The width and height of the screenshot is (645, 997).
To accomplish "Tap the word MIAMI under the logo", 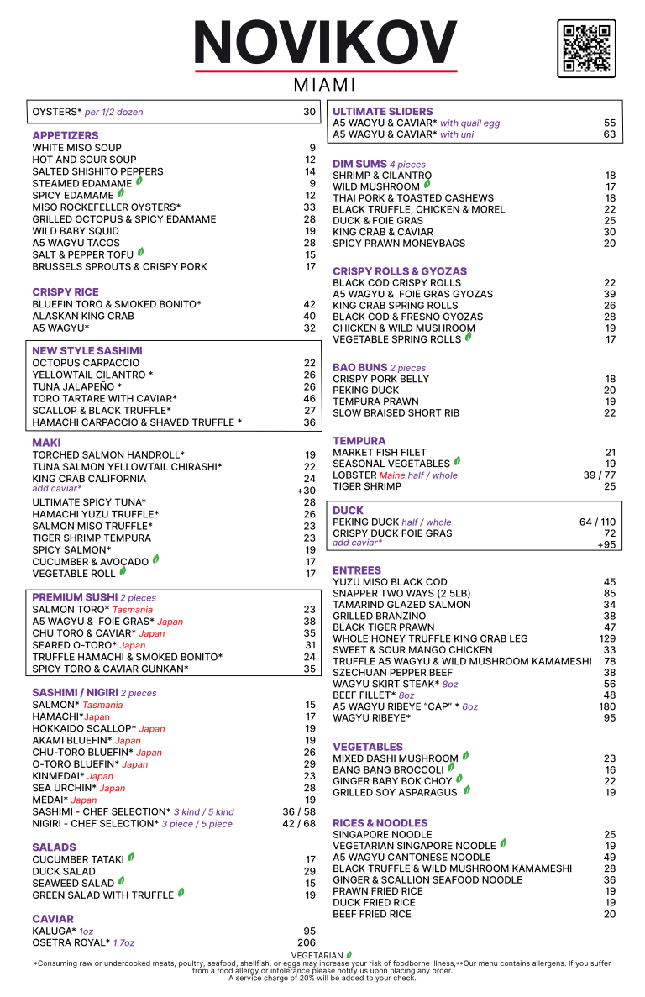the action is coord(325,86).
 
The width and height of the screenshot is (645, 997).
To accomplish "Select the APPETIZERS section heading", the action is coord(65,135).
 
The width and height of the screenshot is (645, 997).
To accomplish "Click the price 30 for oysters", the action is coord(309,112).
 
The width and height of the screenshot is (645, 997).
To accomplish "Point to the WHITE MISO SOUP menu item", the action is coord(76,148).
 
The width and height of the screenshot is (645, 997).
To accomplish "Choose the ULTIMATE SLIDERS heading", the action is coord(382,111).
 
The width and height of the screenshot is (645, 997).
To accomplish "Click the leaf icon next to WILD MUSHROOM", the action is coord(427,184).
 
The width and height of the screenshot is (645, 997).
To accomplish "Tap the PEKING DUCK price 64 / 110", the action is coord(597,522).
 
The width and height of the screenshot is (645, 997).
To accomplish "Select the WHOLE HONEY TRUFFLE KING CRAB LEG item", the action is coord(430,638).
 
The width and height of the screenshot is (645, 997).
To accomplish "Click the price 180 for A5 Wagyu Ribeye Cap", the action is coord(606,706).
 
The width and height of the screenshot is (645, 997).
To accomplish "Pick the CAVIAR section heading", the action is coord(53,919).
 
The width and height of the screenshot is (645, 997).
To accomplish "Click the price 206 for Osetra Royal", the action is coord(307,942).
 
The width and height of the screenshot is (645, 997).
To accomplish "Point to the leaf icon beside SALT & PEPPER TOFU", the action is coord(141,252).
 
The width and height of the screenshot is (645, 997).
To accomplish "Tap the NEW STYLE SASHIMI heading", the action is coord(87,350).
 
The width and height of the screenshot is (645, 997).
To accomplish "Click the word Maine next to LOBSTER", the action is coord(392,475).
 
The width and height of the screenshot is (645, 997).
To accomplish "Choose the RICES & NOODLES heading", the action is coord(380,822).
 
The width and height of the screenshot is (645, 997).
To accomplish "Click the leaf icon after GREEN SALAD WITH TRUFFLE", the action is coord(181,893).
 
